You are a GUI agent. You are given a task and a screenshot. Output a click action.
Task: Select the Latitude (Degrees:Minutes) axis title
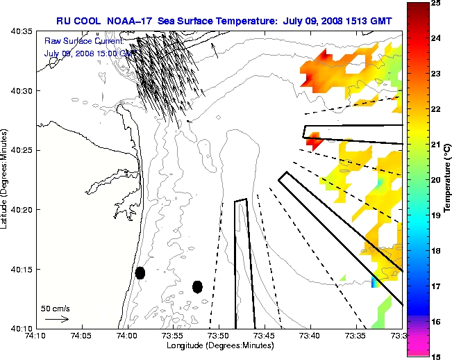6,179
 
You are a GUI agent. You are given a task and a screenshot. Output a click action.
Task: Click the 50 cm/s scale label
55,308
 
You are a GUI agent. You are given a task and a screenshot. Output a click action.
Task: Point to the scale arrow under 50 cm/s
56,319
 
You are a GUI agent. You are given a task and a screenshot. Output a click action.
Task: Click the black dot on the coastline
140,272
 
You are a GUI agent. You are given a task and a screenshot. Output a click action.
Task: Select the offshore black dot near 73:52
197,286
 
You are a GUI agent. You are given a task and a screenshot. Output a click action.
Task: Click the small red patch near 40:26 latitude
313,141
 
